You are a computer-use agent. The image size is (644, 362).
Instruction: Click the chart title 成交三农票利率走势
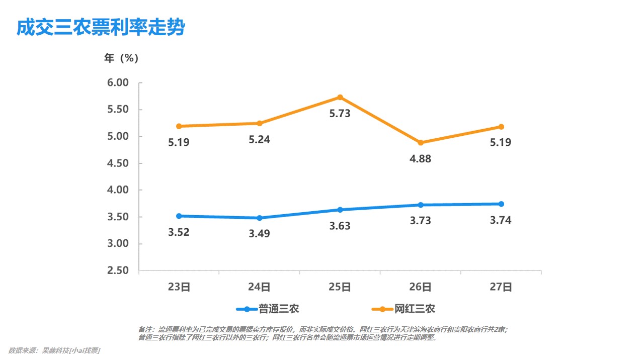click(x=101, y=28)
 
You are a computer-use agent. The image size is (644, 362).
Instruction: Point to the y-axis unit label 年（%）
click(x=121, y=58)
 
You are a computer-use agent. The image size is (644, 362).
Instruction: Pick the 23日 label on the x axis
click(x=179, y=287)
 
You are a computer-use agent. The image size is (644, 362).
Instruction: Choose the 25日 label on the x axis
click(x=340, y=287)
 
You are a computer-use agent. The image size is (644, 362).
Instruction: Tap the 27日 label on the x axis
click(x=501, y=287)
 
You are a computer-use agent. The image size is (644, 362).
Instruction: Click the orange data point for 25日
click(x=340, y=97)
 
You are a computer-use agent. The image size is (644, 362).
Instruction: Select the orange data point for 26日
click(x=421, y=143)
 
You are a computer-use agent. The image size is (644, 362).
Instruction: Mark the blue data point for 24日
click(x=260, y=218)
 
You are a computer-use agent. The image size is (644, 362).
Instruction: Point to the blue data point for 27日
click(x=501, y=204)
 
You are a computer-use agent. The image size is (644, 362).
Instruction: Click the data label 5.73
click(x=340, y=114)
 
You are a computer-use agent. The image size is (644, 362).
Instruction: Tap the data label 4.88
click(x=421, y=159)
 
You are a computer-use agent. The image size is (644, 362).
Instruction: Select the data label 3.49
click(x=260, y=234)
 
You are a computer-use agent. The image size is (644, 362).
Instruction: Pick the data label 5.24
click(x=260, y=140)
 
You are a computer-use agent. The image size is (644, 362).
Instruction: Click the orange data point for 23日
click(x=179, y=126)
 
